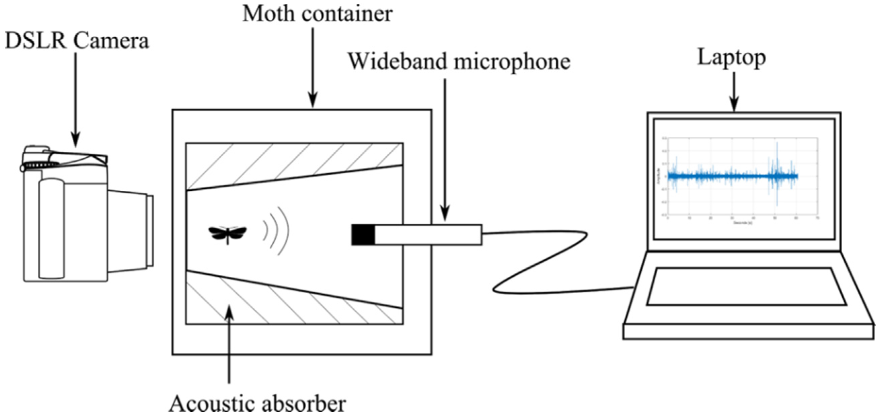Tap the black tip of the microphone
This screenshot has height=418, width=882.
click(x=363, y=235)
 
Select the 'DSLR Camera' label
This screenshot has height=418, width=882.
click(x=77, y=41)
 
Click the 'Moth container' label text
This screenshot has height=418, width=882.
click(x=317, y=14)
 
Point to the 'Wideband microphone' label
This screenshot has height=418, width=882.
click(x=459, y=62)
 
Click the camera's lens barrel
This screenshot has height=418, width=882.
click(x=130, y=231)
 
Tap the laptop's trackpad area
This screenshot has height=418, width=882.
click(x=746, y=287)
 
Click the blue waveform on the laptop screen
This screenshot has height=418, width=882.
click(x=733, y=176)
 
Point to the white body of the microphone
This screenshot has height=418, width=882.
click(x=428, y=235)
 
